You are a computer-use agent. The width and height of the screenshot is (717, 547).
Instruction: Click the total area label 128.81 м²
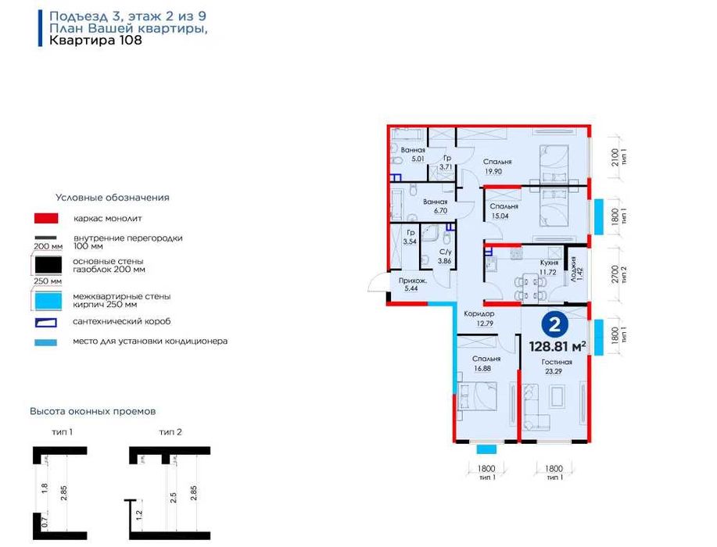pos(557,346)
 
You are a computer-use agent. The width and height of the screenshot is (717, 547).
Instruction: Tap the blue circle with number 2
pos(554,325)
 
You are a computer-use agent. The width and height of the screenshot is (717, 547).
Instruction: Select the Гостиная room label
pos(557,362)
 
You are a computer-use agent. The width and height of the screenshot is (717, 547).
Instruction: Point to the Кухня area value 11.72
pos(547,272)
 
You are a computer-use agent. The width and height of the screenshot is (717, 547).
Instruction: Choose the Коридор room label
pos(479,314)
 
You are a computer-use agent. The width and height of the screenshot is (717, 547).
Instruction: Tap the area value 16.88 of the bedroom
pos(482,368)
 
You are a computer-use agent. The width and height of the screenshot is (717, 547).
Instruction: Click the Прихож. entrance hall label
pos(413,281)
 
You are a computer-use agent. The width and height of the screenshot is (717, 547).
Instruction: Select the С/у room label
pos(446,252)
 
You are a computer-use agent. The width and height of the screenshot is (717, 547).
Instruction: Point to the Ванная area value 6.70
pos(440,211)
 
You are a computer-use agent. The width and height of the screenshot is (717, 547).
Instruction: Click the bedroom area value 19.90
pos(493,171)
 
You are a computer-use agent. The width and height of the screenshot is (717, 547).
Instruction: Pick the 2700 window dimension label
pos(615,274)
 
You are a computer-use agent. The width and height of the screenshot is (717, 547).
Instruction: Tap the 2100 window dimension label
pos(615,158)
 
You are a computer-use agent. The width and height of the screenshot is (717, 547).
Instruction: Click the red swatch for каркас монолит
pos(46,219)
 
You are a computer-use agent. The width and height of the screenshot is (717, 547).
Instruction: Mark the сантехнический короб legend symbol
pos(46,322)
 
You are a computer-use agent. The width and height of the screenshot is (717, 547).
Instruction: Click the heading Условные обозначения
pos(113,198)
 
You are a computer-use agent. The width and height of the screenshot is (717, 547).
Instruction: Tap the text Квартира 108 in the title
pos(95,40)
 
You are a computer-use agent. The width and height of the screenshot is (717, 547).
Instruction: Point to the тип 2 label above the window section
pos(170,432)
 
